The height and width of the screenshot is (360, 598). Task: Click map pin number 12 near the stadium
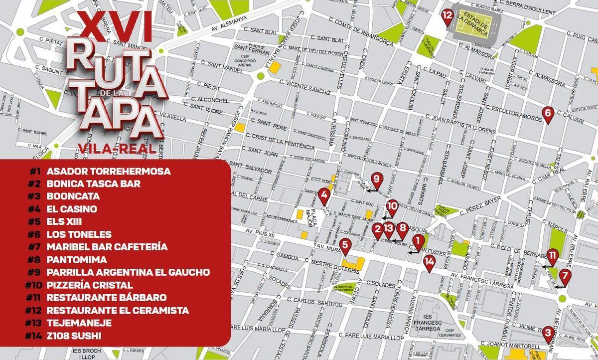[x=447, y=16]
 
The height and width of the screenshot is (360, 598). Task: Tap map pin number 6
[x=547, y=114]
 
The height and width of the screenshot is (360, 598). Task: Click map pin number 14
[x=429, y=261]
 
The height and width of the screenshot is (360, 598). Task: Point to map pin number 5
[x=346, y=246]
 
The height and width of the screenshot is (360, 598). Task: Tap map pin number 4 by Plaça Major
[x=324, y=196]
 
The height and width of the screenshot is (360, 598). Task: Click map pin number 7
[x=564, y=276]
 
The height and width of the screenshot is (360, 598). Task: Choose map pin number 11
[x=553, y=256]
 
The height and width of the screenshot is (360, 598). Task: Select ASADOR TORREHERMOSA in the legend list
[x=108, y=171]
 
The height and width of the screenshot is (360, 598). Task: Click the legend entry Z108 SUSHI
[x=74, y=336]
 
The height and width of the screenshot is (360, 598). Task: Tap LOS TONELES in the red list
[x=79, y=234]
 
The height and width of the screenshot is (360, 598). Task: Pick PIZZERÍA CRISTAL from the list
[x=90, y=285]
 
